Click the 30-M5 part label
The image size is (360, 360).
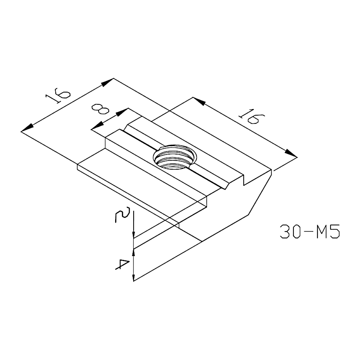[310, 232]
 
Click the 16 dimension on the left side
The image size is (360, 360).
[58, 95]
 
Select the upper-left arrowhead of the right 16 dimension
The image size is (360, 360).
[199, 102]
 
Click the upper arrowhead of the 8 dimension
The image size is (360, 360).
[123, 111]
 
